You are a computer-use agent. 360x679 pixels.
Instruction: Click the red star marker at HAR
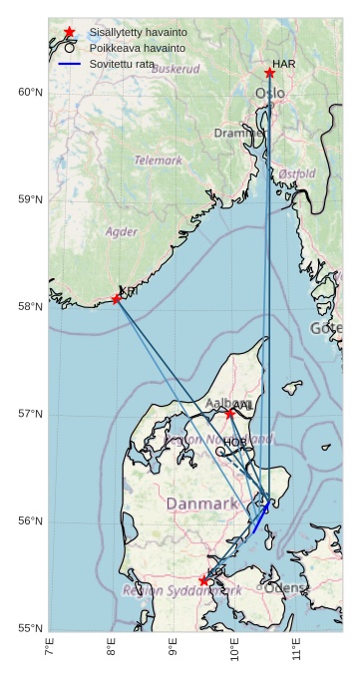(x=269, y=73)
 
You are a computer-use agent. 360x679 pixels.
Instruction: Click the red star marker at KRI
(x=117, y=298)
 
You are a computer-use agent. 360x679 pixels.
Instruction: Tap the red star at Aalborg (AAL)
(x=229, y=414)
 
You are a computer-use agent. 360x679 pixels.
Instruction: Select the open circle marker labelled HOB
(x=220, y=451)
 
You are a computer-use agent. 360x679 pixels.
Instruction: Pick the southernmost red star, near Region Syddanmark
(x=203, y=580)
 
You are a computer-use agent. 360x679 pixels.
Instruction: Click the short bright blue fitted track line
(x=260, y=518)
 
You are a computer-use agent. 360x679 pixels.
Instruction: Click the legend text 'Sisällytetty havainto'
(x=138, y=33)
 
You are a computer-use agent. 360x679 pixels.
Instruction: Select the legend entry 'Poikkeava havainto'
(x=131, y=48)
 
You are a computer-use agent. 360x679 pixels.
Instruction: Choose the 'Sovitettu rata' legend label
(x=122, y=63)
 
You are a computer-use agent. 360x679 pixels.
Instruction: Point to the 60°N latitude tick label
(x=31, y=93)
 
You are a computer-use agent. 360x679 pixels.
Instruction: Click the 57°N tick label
(x=31, y=414)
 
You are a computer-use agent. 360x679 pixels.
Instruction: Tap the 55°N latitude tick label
(x=31, y=628)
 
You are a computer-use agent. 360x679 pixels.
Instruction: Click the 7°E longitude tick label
(x=49, y=650)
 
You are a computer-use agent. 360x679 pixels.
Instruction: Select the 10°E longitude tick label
(x=233, y=650)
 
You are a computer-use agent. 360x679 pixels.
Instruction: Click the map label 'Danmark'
(x=202, y=505)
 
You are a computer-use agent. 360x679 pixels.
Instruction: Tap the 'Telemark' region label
(x=159, y=160)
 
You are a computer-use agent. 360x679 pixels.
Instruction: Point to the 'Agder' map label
(x=122, y=231)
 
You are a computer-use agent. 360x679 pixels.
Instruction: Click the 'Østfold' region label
(x=297, y=173)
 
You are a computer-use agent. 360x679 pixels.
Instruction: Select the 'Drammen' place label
(x=237, y=134)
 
